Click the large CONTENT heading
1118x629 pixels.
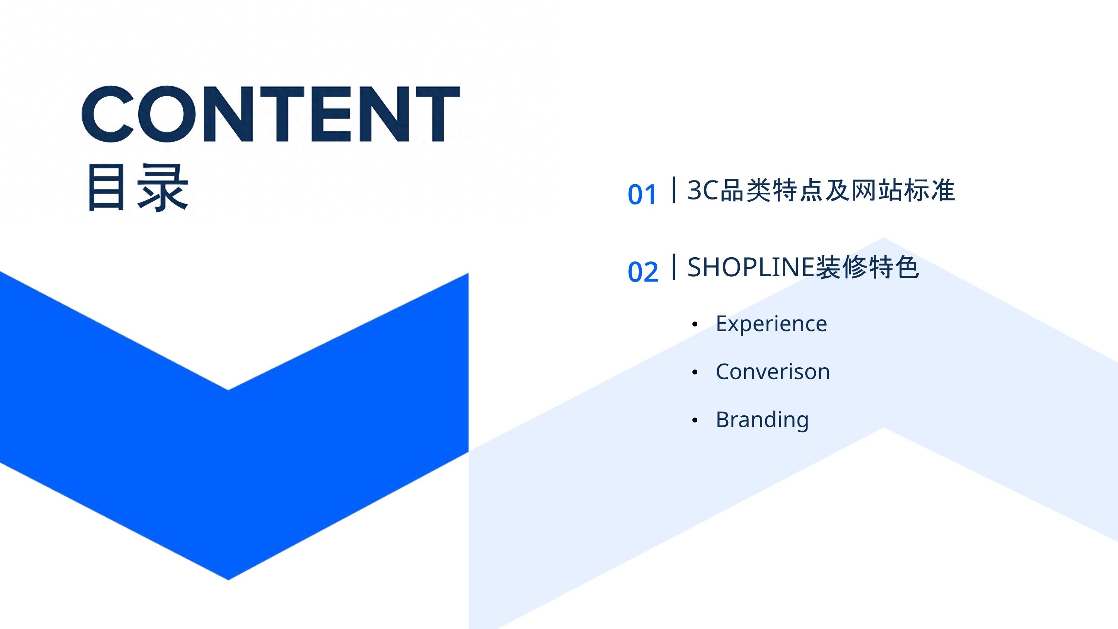click(271, 114)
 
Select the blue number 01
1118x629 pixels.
click(642, 195)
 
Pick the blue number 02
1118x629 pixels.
click(643, 272)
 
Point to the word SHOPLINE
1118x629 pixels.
click(751, 267)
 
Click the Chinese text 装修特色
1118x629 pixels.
click(867, 267)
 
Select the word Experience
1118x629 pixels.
click(771, 324)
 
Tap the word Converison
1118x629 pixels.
click(773, 372)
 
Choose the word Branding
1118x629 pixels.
click(762, 420)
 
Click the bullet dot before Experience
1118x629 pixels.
click(695, 324)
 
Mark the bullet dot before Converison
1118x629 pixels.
click(695, 372)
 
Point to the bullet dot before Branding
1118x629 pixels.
click(695, 420)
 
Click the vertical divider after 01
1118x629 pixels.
click(673, 190)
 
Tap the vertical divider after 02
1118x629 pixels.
click(673, 267)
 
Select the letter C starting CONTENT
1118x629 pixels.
click(108, 114)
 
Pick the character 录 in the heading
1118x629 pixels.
click(163, 188)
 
